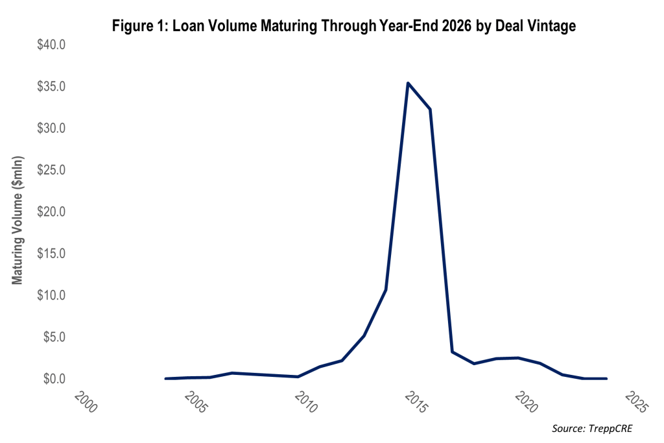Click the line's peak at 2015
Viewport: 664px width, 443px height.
click(408, 83)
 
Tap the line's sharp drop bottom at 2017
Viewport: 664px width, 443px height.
click(452, 352)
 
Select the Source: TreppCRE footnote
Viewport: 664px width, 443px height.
click(591, 429)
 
